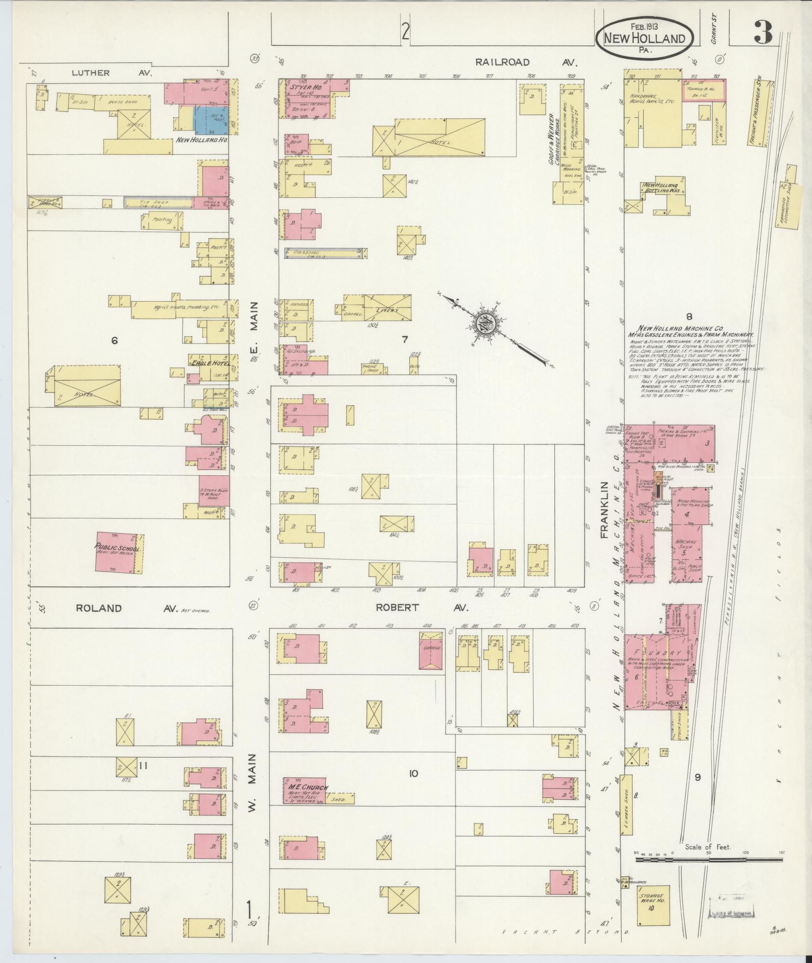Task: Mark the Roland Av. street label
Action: coord(126,608)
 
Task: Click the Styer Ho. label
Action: coord(302,87)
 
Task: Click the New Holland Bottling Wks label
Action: coord(660,188)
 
